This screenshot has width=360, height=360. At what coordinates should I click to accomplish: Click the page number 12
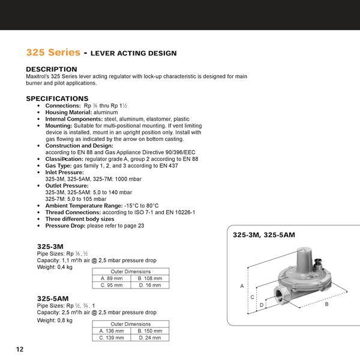19,349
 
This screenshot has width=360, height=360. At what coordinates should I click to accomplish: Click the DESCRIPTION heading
52,70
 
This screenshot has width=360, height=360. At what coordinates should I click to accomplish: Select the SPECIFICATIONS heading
57,98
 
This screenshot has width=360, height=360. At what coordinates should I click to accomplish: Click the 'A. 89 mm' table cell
112,278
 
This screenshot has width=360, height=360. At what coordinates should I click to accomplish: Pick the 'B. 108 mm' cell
149,278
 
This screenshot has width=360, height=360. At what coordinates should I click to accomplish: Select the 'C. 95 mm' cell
112,286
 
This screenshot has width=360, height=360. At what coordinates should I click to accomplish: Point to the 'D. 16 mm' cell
149,286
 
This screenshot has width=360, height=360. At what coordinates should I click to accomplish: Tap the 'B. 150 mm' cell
150,331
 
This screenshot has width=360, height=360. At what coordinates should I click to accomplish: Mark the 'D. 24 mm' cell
150,338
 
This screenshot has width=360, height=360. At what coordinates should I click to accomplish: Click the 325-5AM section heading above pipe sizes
53,298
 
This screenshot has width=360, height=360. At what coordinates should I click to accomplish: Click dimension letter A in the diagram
242,286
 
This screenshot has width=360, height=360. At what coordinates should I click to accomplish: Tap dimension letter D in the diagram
262,305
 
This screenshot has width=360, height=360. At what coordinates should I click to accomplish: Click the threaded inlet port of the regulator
281,295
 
